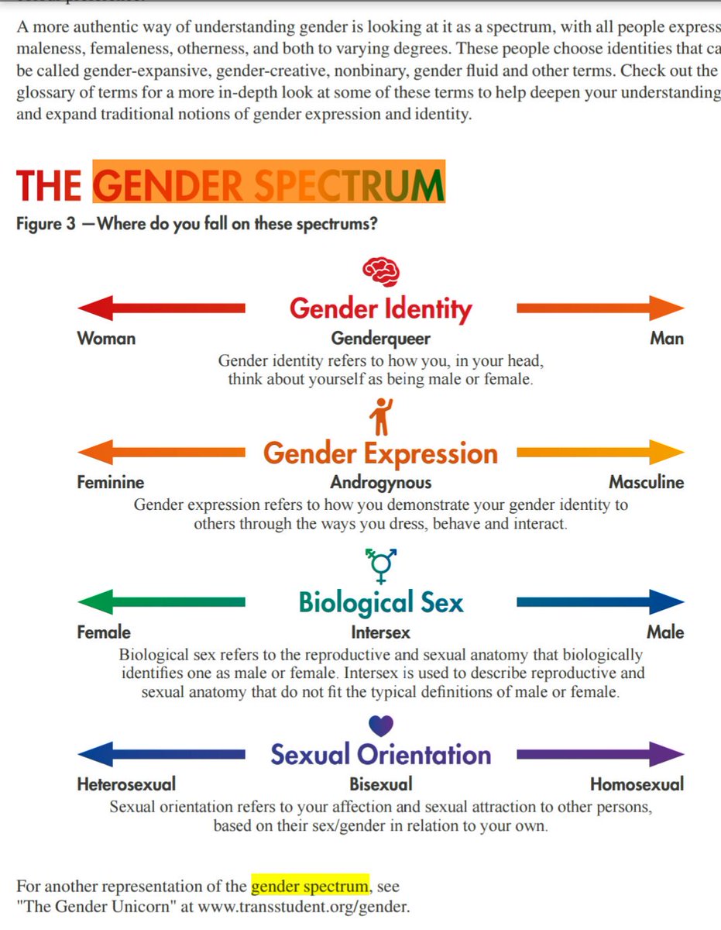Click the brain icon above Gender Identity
(381, 270)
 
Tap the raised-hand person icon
(381, 416)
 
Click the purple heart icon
(381, 725)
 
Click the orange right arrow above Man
(600, 308)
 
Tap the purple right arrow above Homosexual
(600, 754)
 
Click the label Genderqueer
(380, 339)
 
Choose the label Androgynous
(380, 483)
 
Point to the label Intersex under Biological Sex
(380, 632)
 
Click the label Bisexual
(380, 784)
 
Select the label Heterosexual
(126, 784)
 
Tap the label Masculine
(646, 483)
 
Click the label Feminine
(110, 483)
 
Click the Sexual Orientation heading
(380, 755)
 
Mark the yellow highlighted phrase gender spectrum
(310, 886)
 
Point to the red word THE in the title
(49, 186)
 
